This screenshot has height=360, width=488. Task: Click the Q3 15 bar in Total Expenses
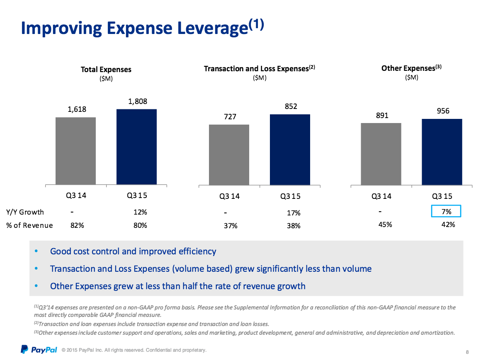point(137,147)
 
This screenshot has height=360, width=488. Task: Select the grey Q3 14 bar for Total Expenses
point(75,151)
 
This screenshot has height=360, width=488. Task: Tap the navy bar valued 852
point(290,150)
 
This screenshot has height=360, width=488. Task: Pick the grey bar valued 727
point(229,155)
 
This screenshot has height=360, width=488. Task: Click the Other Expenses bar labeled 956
point(442,152)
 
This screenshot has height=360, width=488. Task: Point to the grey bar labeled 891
point(381,154)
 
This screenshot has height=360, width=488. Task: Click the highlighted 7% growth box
point(446,211)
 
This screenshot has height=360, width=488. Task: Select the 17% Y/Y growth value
point(294,213)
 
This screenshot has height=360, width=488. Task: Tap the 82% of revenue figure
point(77,225)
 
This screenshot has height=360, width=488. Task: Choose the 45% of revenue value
point(385,225)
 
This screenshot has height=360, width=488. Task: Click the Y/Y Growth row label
point(25,212)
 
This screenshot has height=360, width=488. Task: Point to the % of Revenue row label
point(29,225)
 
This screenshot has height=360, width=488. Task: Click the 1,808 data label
point(138,101)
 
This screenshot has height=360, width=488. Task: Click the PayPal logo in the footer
point(39,350)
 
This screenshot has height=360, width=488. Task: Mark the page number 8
point(467,352)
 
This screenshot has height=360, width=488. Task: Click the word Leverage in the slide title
point(213,28)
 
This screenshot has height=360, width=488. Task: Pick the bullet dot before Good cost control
point(36,251)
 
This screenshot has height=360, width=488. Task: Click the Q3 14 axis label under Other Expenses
point(381,196)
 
